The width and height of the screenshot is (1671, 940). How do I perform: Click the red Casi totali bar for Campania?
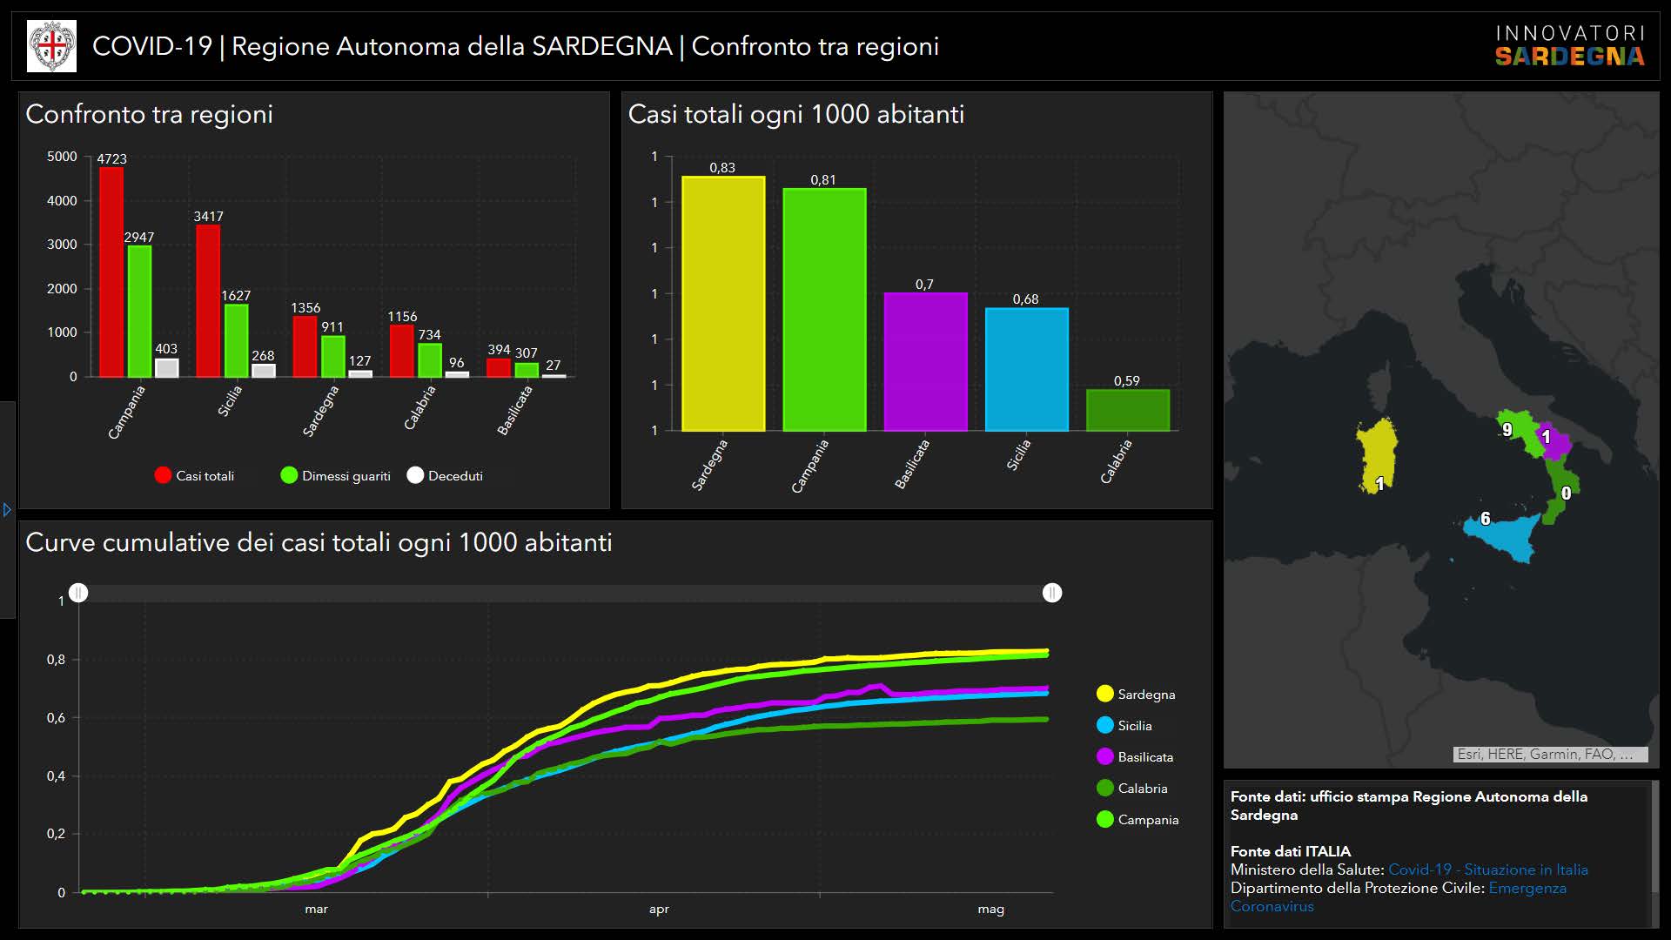(111, 272)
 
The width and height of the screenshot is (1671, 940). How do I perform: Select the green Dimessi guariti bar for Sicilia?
(236, 340)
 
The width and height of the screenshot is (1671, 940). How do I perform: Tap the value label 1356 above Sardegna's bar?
(305, 308)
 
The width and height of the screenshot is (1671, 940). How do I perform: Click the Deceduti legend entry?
(445, 476)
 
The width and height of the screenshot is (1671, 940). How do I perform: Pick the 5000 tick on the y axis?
(62, 157)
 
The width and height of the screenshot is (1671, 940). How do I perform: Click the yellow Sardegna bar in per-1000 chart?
(723, 304)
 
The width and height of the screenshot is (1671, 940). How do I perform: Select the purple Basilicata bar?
(925, 361)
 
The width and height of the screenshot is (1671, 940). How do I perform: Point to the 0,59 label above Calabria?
(1126, 381)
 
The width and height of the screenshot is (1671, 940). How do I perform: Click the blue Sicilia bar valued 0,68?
(1026, 369)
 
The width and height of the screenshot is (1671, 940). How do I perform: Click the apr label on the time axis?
(659, 910)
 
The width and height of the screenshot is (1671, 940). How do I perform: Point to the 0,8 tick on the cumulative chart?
(57, 660)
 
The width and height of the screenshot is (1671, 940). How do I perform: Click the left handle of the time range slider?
(78, 593)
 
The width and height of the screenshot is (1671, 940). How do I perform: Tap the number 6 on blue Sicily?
(1486, 519)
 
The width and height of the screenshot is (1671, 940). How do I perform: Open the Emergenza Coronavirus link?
(1527, 889)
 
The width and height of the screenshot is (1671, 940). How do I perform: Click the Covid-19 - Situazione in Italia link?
(1487, 869)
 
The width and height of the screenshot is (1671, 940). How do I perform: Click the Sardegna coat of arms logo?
(52, 46)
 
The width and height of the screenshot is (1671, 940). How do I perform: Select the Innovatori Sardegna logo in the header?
(1569, 46)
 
